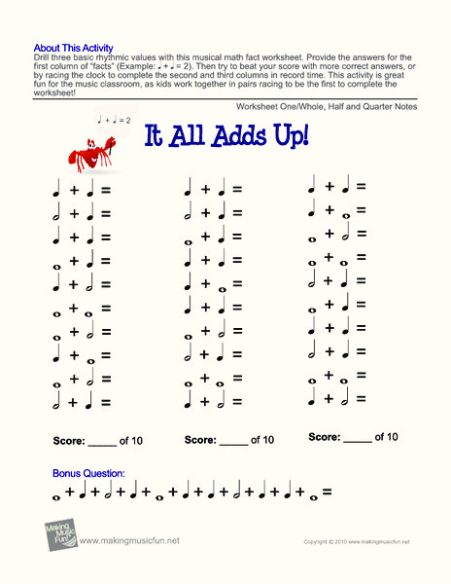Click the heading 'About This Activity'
click(73, 47)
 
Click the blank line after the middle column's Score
click(233, 443)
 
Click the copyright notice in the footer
click(356, 541)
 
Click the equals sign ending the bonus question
click(328, 494)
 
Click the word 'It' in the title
click(156, 136)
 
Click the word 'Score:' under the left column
click(69, 441)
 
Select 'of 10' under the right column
click(386, 437)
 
